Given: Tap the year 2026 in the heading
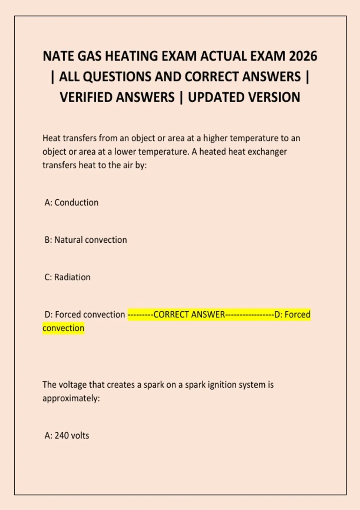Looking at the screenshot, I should pyautogui.click(x=303, y=56).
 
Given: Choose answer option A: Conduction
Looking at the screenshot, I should pyautogui.click(x=71, y=202).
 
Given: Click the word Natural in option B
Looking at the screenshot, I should pyautogui.click(x=68, y=240).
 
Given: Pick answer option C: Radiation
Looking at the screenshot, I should pyautogui.click(x=67, y=277).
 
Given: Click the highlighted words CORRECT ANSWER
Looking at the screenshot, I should pyautogui.click(x=189, y=314).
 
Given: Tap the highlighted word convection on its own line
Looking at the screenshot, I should pyautogui.click(x=63, y=328).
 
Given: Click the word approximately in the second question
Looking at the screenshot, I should pyautogui.click(x=71, y=398).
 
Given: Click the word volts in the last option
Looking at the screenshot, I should pyautogui.click(x=80, y=436).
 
